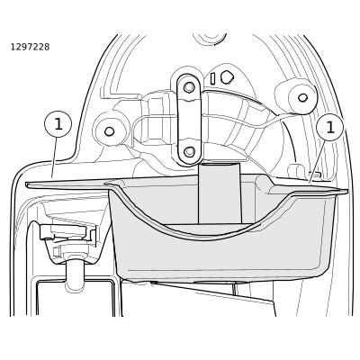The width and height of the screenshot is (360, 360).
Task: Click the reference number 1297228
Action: click(x=30, y=47)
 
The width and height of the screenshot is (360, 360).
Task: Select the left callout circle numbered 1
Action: click(x=58, y=124)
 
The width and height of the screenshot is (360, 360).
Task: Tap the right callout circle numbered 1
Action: click(x=330, y=128)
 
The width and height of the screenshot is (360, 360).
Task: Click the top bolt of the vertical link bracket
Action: click(x=189, y=87)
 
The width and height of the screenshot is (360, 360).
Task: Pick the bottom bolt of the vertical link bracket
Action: click(x=189, y=151)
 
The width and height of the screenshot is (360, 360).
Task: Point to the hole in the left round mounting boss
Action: click(x=110, y=131)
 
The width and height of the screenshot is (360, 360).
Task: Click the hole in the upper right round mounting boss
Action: click(x=302, y=97)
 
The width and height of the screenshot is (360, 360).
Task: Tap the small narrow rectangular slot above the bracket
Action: click(x=212, y=78)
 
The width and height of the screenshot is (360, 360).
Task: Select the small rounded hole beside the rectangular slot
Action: click(x=226, y=77)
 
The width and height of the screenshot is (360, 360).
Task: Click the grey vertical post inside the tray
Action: click(x=220, y=193)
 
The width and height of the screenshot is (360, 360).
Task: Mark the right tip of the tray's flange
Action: click(x=347, y=191)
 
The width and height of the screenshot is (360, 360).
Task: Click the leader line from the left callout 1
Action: click(x=55, y=157)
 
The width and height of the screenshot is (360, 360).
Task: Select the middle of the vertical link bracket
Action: click(x=189, y=120)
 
